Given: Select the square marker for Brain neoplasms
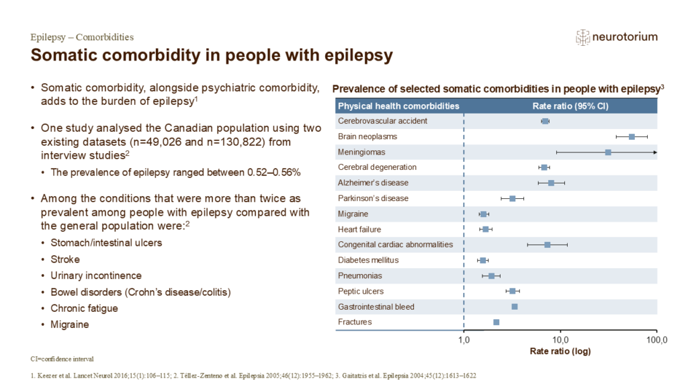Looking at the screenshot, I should coord(632,137).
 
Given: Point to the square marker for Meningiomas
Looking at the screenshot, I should coord(608,153).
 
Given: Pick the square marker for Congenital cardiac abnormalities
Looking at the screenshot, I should coord(548,245).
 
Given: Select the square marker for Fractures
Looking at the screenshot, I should coord(497,322).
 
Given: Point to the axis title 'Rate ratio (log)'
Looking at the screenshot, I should coord(560,351).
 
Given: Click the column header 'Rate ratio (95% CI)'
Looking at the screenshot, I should coord(560,106).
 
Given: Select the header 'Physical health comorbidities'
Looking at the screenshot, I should coord(398,106).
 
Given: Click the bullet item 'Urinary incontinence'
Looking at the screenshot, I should coord(95,275).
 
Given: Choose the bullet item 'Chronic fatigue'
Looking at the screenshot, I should coord(84,308).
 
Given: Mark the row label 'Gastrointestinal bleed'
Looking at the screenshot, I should coord(376,307).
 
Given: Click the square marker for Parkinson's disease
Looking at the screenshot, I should coord(513,199).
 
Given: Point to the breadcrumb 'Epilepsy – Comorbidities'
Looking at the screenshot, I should coord(82,37).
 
